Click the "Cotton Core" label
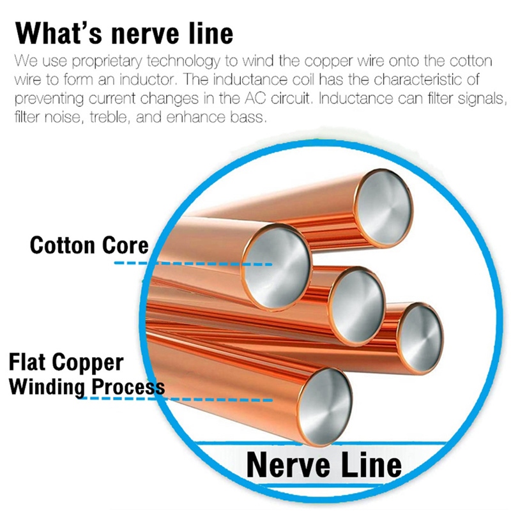pyautogui.click(x=89, y=245)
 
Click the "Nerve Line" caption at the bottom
pyautogui.click(x=324, y=464)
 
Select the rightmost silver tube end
pyautogui.click(x=420, y=333)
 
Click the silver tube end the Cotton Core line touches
pyautogui.click(x=276, y=262)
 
